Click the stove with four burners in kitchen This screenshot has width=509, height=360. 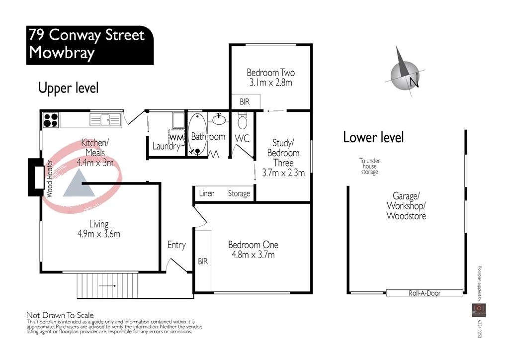[x=50, y=120]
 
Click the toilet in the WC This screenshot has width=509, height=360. [x=242, y=121]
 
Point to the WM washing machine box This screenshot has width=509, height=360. [x=176, y=136]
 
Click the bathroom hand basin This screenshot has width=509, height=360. [x=219, y=119]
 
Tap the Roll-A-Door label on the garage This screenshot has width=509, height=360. [x=424, y=293]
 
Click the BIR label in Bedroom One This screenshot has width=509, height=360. [x=203, y=261]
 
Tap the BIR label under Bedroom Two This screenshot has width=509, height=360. [x=245, y=102]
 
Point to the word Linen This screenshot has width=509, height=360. [x=206, y=193]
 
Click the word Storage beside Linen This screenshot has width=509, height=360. [x=239, y=193]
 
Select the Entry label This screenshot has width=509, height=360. [x=176, y=245]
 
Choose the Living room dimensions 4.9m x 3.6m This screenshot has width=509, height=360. [x=99, y=234]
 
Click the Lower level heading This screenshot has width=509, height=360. [x=373, y=137]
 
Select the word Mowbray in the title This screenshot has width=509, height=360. [x=62, y=53]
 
